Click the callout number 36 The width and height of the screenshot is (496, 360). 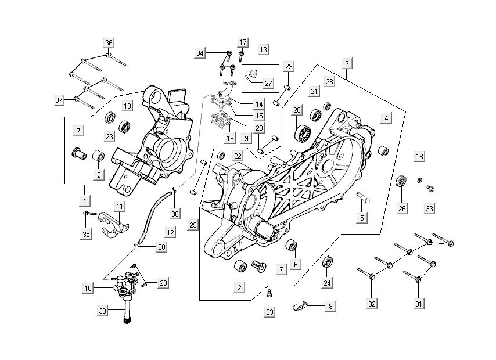pos(109,42)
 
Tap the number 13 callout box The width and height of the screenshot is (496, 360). pos(263,50)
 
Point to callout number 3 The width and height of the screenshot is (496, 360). pos(347,63)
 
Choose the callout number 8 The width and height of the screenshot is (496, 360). pos(330,305)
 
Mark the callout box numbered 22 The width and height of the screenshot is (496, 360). pos(238,156)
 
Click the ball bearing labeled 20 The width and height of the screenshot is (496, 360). pos(301,133)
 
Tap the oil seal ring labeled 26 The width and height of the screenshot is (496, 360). pos(401,182)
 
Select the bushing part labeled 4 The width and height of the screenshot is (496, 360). pos(383,152)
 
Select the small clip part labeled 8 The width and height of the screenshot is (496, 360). pos(300,304)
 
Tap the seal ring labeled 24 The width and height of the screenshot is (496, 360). pos(328,262)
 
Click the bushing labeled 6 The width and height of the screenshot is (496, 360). pos(292,245)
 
